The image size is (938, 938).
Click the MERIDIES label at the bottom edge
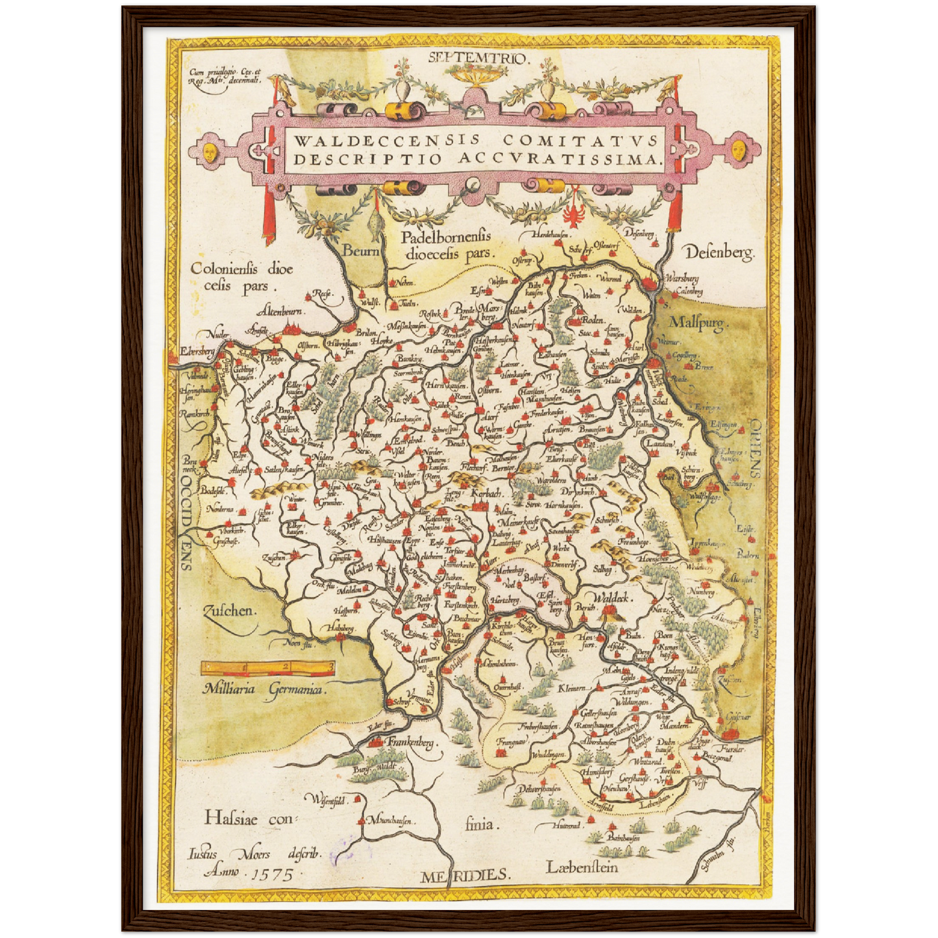[x=464, y=875]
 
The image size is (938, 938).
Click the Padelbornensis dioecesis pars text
[x=446, y=245]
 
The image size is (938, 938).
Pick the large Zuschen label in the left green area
[x=230, y=611]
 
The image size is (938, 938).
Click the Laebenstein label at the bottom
[x=582, y=867]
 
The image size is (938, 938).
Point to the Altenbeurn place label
[x=283, y=310]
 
